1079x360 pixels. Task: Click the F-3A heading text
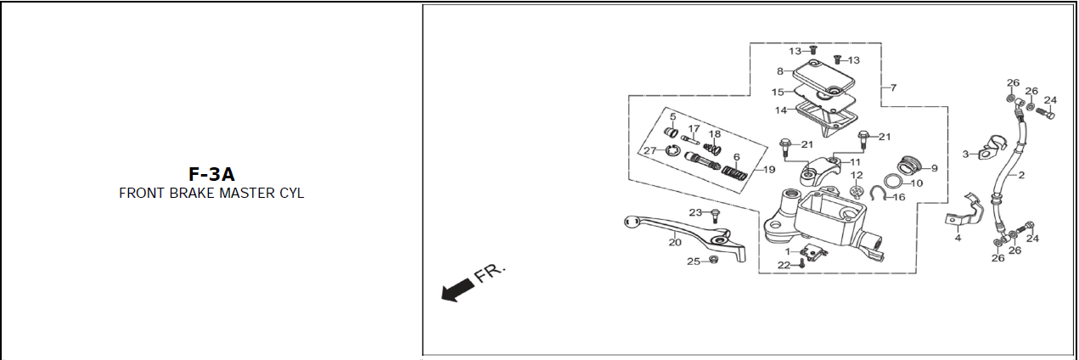(x=211, y=174)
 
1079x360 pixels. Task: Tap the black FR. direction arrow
(x=457, y=290)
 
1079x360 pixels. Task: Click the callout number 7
(x=894, y=87)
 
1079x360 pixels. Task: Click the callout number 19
(x=769, y=170)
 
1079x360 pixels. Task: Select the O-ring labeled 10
(x=894, y=182)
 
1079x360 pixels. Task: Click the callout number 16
(x=899, y=197)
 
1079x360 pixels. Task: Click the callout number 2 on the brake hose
(x=1021, y=175)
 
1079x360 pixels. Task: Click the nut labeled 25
(x=714, y=260)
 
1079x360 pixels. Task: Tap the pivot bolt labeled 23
(x=715, y=216)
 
